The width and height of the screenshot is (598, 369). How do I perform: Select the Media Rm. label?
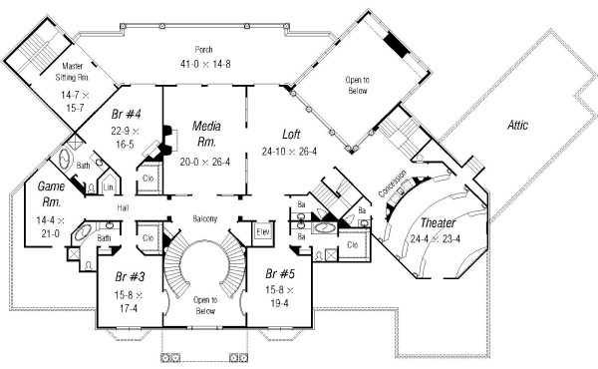[x=206, y=134]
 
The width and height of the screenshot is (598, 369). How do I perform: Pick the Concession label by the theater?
[x=392, y=183]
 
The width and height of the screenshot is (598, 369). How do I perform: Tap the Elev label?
[x=264, y=232]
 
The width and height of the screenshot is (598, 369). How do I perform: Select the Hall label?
[x=123, y=207]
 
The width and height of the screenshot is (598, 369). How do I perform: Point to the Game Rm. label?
[x=52, y=193]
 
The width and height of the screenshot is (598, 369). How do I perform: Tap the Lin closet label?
[x=108, y=186]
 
